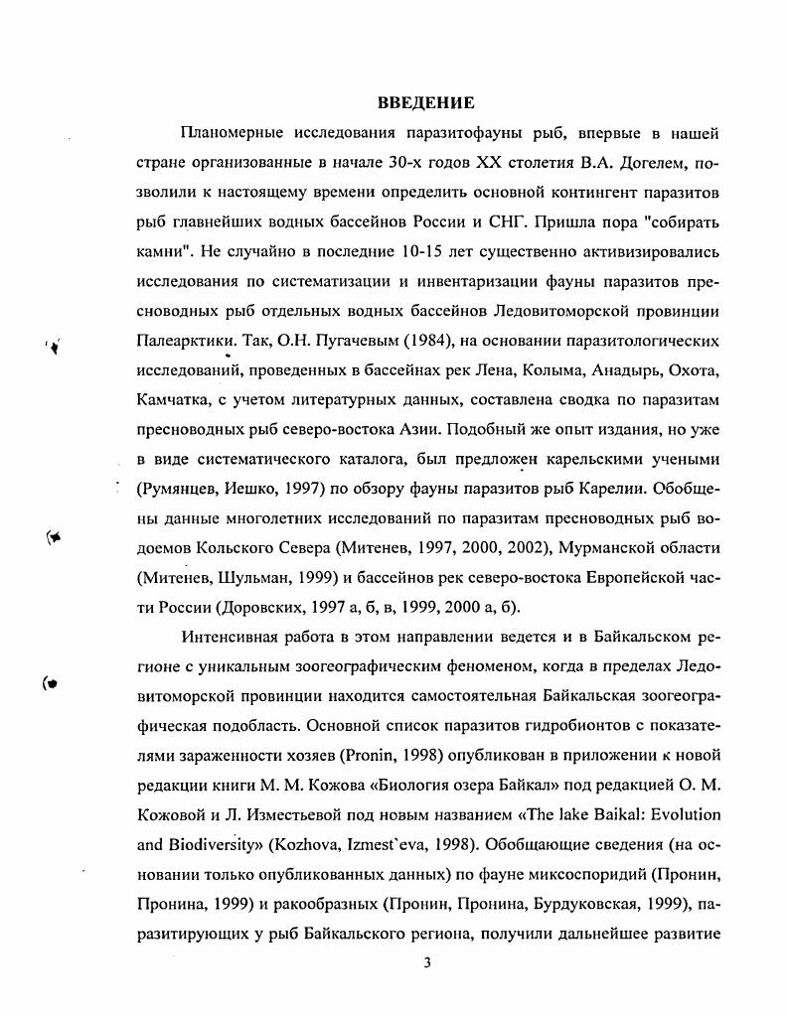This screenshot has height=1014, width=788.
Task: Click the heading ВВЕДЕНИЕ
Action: pos(426,103)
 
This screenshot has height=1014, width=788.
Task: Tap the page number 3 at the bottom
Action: pos(426,961)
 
